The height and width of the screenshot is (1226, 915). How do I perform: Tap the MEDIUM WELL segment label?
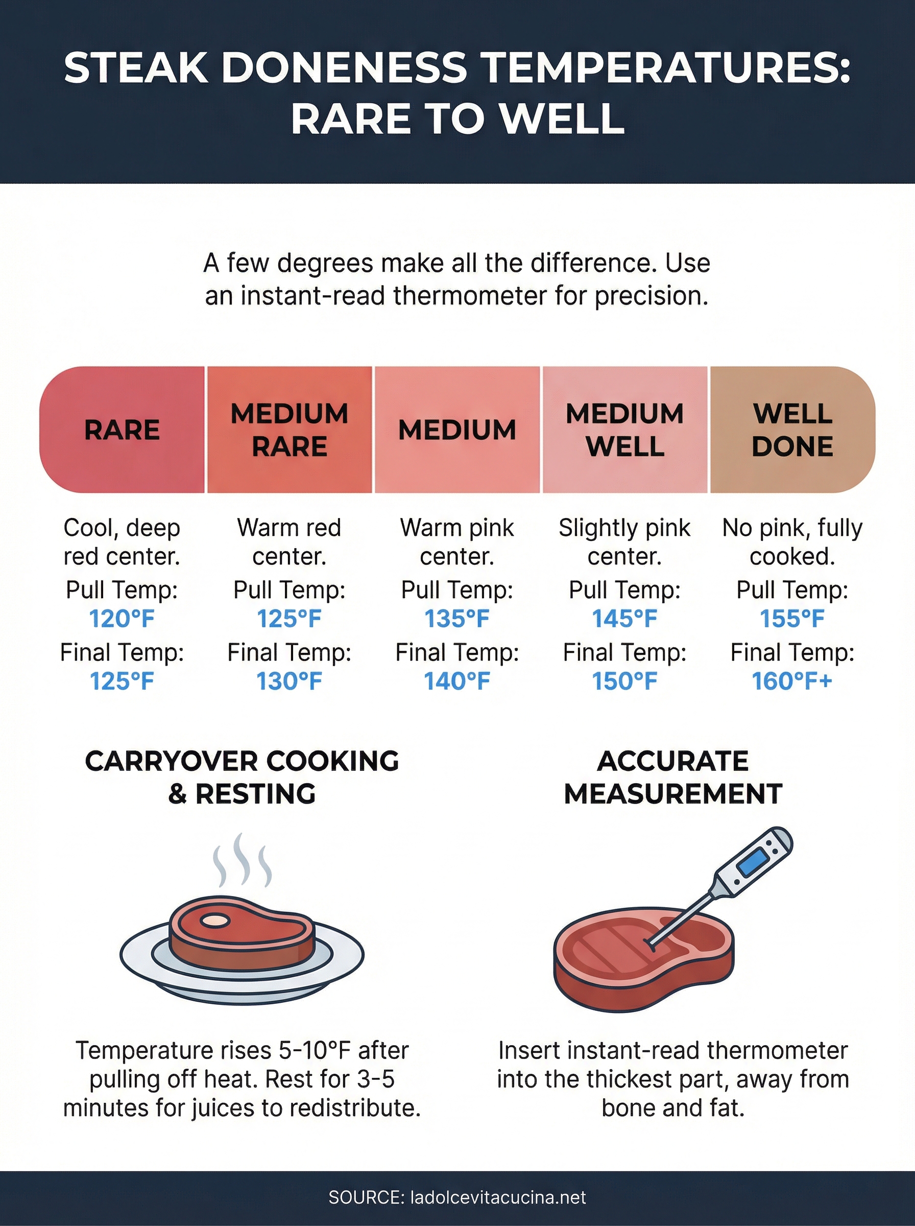click(x=624, y=430)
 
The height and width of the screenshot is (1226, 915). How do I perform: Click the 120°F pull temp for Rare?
click(x=122, y=619)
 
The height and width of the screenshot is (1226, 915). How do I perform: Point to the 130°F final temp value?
click(x=289, y=681)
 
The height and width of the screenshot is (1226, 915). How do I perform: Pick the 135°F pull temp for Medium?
click(x=457, y=619)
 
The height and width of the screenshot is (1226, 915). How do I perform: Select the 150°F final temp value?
click(x=624, y=681)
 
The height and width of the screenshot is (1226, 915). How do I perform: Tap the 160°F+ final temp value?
click(x=792, y=681)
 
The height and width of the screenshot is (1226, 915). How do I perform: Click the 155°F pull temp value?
click(x=792, y=619)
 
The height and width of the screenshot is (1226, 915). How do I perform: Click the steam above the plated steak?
click(x=242, y=861)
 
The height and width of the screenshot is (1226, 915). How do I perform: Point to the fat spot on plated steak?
click(x=215, y=921)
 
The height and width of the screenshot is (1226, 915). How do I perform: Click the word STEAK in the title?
click(x=136, y=68)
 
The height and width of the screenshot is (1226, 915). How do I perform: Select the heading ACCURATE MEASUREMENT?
click(x=672, y=777)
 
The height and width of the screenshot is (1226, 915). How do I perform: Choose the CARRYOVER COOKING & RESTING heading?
click(x=242, y=777)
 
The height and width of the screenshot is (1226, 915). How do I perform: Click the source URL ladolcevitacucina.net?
click(x=497, y=1198)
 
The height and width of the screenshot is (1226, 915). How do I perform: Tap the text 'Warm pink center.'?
click(x=457, y=542)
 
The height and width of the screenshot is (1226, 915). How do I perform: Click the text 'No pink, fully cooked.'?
click(x=792, y=542)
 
